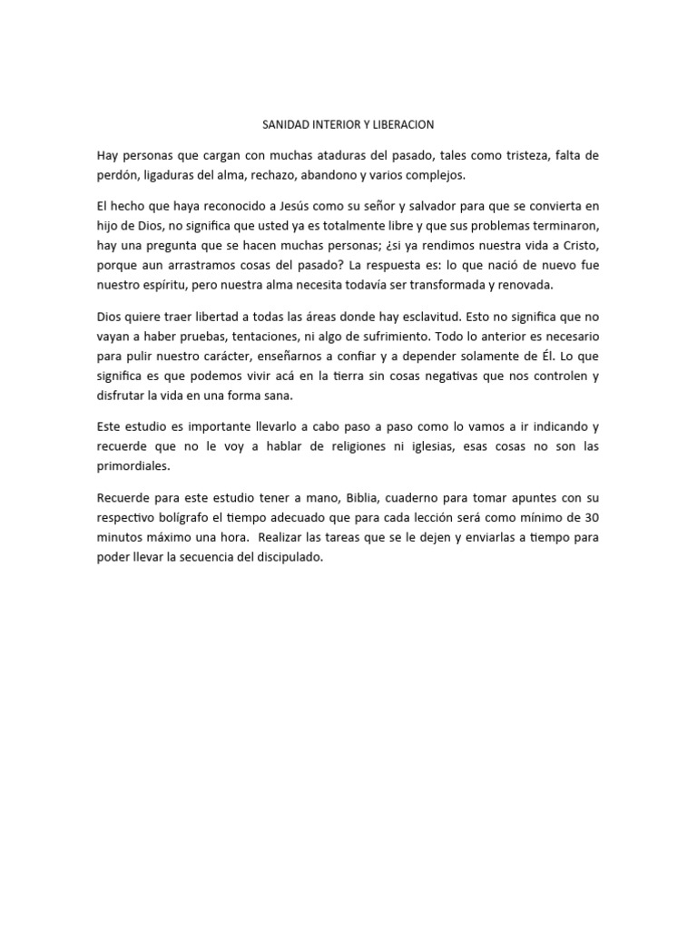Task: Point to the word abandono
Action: pos(331,174)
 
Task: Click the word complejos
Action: pos(438,174)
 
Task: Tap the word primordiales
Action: pos(133,466)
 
